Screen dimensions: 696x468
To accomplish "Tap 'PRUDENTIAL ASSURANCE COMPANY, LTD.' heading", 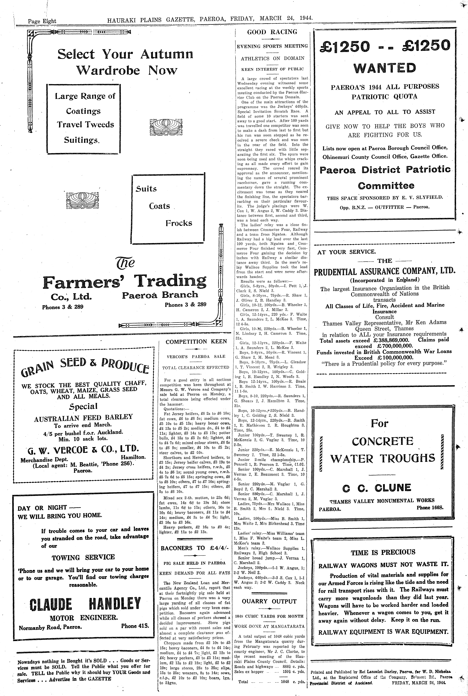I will (384, 272).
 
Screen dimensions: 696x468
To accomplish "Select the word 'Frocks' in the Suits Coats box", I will (179, 223).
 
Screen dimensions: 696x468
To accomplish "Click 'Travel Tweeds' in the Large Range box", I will (85, 125).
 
